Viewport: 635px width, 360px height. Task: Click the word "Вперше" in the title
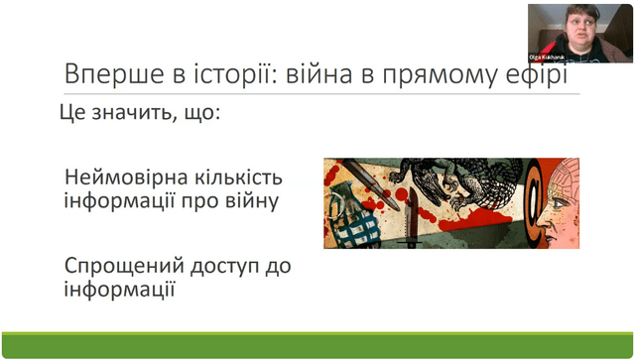coord(114,74)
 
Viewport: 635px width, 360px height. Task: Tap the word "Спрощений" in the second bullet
coord(124,267)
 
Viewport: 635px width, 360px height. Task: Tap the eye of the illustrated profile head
coord(559,202)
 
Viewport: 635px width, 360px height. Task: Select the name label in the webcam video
coord(547,58)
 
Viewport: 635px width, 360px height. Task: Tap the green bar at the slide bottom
coord(317,345)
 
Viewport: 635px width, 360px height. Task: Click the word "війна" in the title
coord(319,73)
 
